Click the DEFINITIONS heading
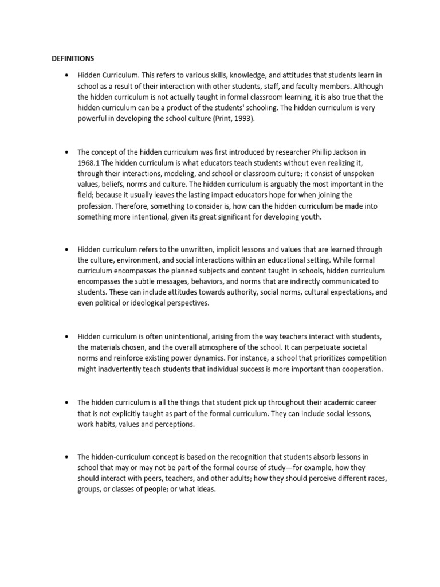coord(73,58)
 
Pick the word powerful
coord(93,119)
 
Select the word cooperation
coord(357,369)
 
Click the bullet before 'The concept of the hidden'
coord(67,152)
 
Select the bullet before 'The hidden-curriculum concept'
coord(67,457)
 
